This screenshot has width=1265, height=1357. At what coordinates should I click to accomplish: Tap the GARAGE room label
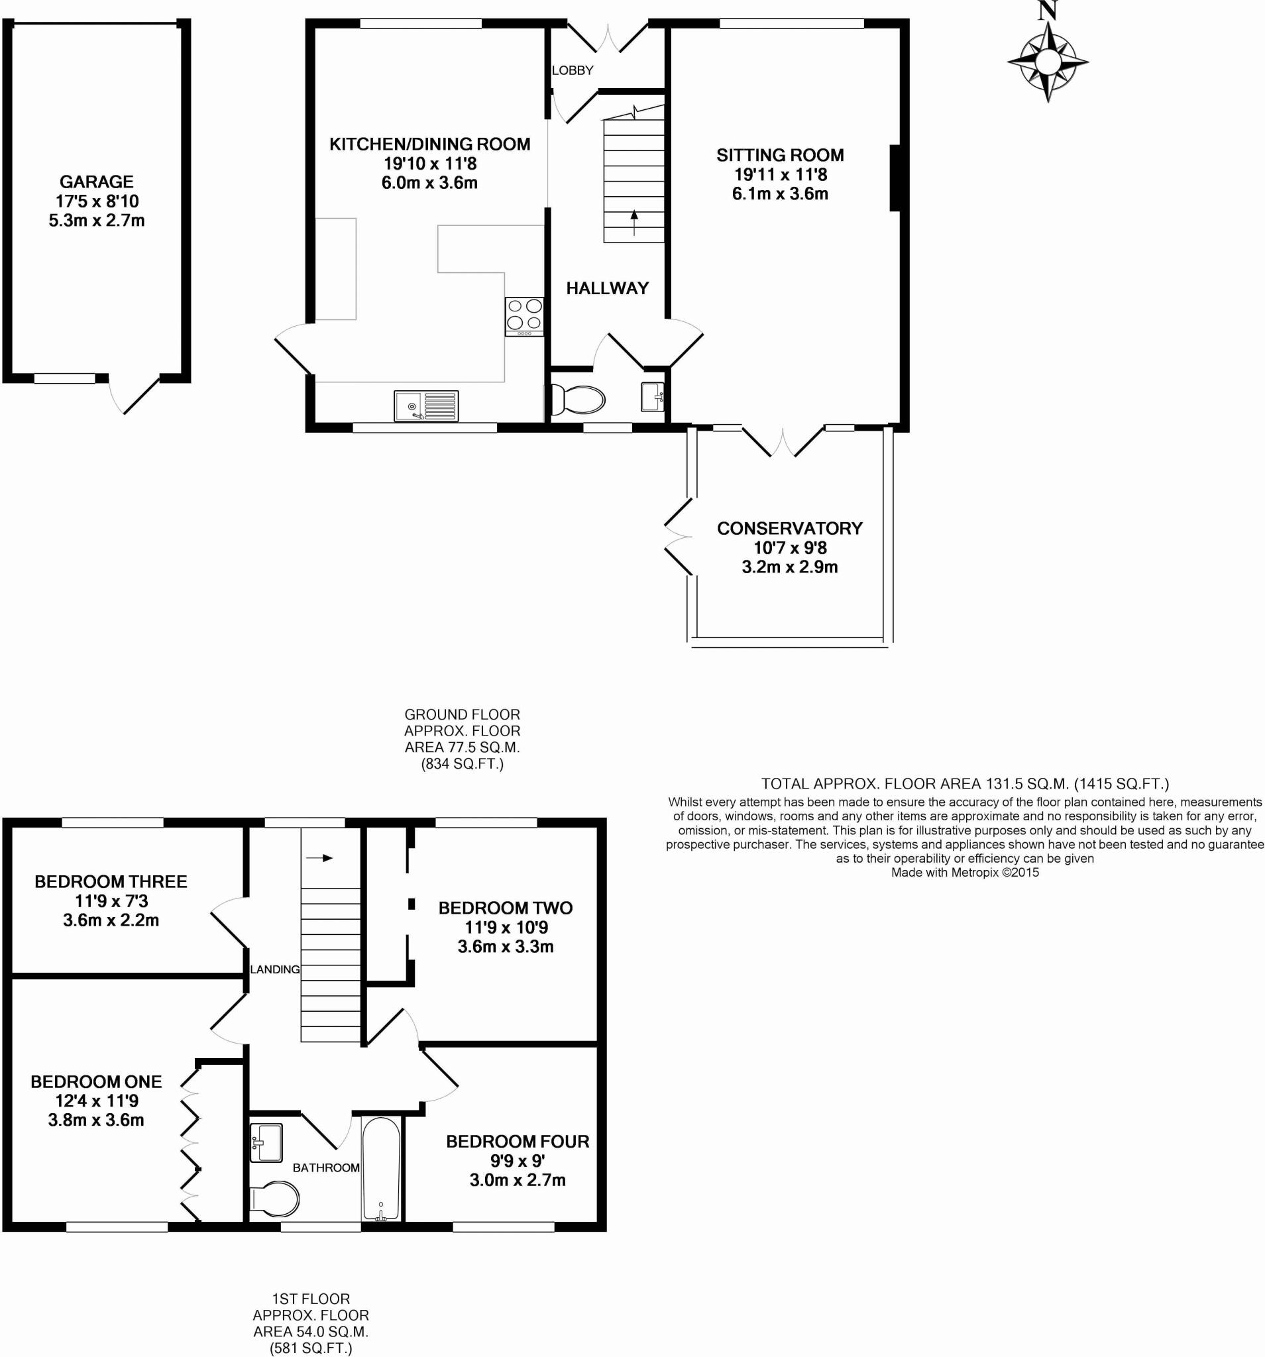pyautogui.click(x=96, y=182)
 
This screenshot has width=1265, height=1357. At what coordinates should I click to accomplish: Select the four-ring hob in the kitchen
pyautogui.click(x=524, y=317)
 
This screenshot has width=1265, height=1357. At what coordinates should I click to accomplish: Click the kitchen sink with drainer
pyautogui.click(x=426, y=406)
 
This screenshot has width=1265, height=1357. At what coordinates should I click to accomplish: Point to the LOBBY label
pyautogui.click(x=572, y=70)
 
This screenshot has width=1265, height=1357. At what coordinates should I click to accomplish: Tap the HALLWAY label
pyautogui.click(x=607, y=288)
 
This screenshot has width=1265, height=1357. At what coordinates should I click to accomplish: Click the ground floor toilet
pyautogui.click(x=575, y=400)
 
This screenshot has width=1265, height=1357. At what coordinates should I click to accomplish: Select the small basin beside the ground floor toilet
pyautogui.click(x=652, y=397)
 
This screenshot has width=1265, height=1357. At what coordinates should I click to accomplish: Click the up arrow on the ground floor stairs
pyautogui.click(x=634, y=223)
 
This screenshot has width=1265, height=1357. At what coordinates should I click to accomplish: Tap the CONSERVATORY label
pyautogui.click(x=789, y=528)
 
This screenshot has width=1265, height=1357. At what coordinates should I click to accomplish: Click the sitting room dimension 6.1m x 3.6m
pyautogui.click(x=780, y=194)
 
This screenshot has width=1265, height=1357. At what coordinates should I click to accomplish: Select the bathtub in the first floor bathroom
pyautogui.click(x=381, y=1169)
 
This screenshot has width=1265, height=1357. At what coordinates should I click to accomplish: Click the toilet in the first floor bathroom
pyautogui.click(x=274, y=1199)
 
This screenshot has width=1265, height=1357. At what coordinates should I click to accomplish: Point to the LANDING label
pyautogui.click(x=274, y=969)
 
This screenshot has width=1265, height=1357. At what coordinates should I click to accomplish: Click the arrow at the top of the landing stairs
pyautogui.click(x=319, y=858)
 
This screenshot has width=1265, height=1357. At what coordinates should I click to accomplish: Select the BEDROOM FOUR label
pyautogui.click(x=518, y=1141)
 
